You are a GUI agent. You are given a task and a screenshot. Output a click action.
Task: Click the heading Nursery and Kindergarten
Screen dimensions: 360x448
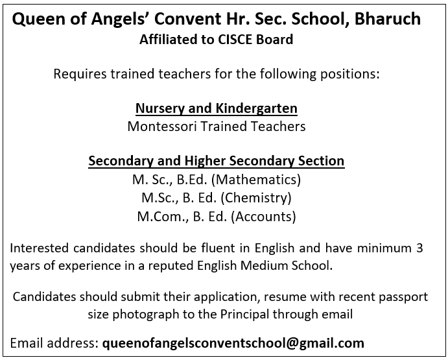tap(217, 108)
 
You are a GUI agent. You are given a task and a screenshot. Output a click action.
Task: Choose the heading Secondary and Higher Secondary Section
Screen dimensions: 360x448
tap(217, 160)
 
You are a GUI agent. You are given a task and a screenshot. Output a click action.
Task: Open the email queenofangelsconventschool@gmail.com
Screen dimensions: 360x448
tap(233, 342)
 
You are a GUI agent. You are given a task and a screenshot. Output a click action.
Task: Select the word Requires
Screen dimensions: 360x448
tap(77, 73)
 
